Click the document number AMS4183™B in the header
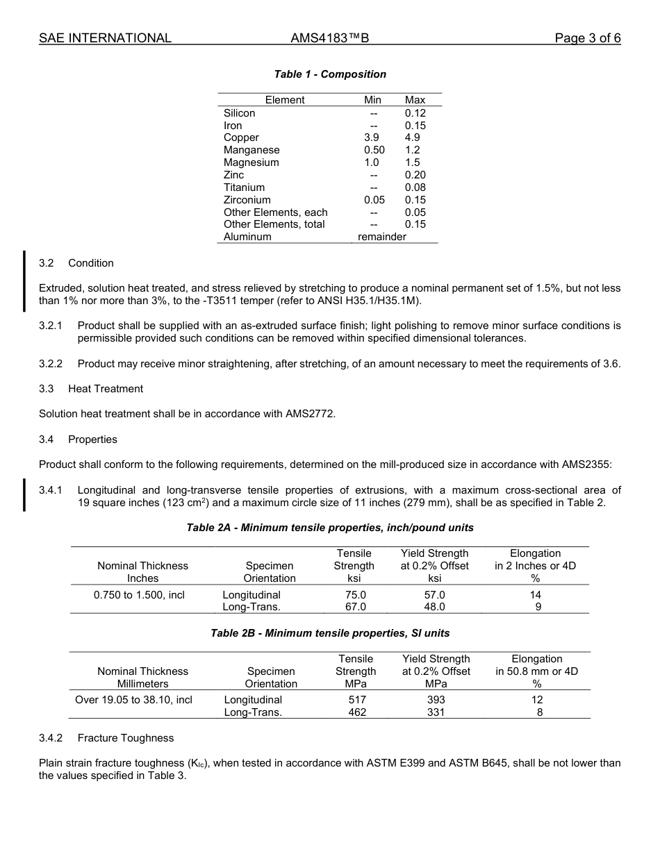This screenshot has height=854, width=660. tap(329, 38)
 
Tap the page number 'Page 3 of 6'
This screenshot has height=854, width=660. tap(587, 38)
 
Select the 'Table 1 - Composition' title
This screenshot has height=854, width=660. tap(330, 74)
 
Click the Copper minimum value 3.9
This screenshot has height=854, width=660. tap(372, 137)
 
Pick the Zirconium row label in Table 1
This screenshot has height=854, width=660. tap(247, 200)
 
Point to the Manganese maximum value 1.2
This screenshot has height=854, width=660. tap(413, 150)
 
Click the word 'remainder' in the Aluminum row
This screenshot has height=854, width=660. tap(381, 237)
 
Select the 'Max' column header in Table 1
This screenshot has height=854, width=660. tap(415, 100)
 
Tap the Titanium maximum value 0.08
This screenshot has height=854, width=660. tap(415, 187)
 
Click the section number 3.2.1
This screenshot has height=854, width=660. tap(51, 326)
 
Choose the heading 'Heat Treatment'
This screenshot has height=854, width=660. tap(106, 389)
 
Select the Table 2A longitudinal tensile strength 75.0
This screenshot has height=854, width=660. tap(355, 595)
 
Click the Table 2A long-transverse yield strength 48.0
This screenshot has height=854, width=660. tap(434, 607)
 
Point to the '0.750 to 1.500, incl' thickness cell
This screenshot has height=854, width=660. tap(139, 595)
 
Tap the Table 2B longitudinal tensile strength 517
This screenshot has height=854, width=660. tap(357, 700)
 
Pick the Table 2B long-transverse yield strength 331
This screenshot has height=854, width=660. tap(436, 712)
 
